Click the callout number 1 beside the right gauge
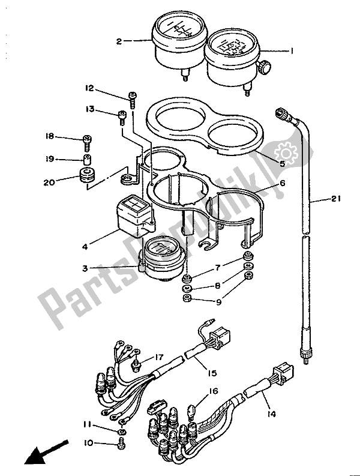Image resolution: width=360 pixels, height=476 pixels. (292, 52)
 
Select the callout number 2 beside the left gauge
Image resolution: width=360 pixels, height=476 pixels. (119, 41)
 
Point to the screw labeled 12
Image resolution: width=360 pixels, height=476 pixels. (131, 98)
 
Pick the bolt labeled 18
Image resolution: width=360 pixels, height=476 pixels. (87, 140)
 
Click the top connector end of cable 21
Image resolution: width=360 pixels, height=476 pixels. (280, 112)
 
